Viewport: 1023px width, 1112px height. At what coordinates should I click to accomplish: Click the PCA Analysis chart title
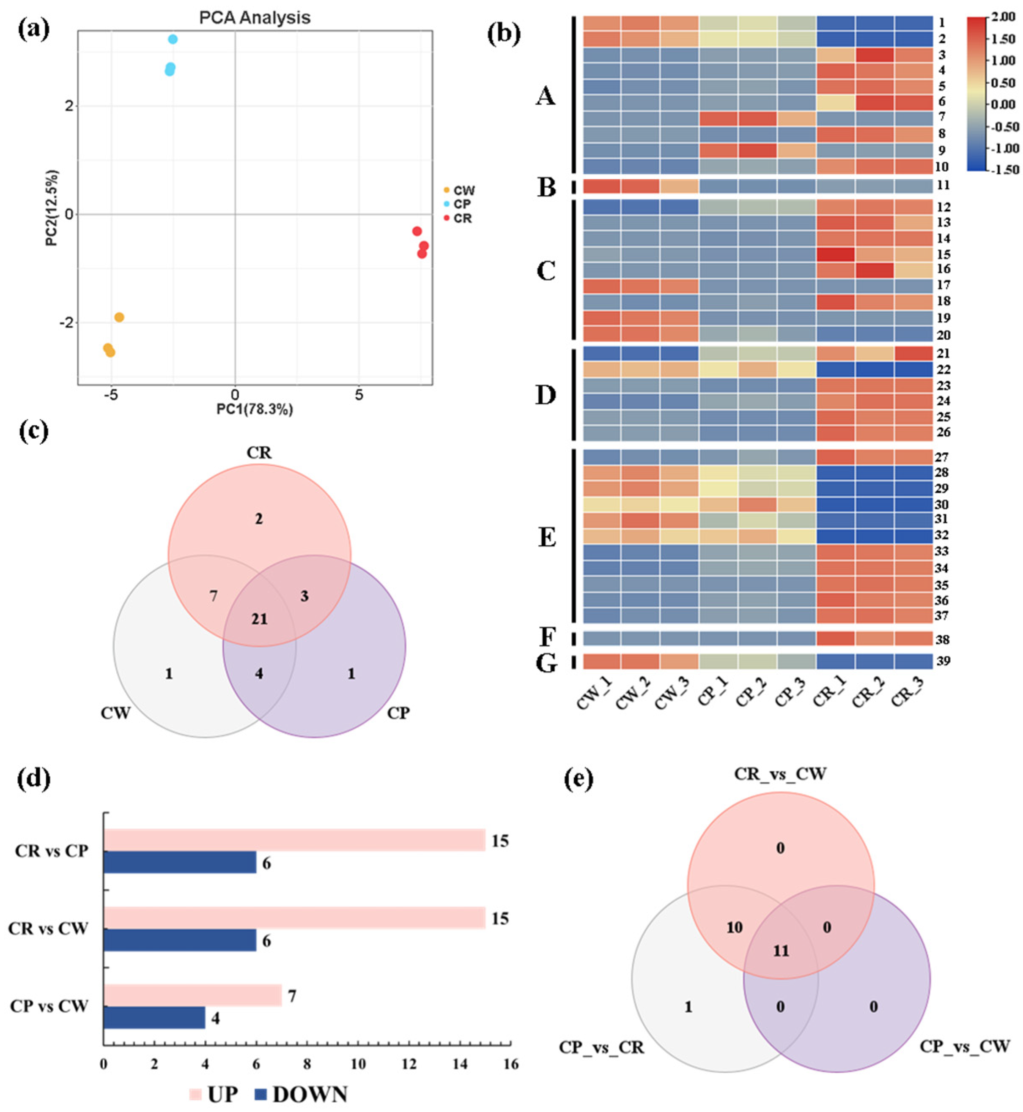[x=255, y=18]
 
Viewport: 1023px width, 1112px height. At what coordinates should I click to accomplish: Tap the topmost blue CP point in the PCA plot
[x=173, y=39]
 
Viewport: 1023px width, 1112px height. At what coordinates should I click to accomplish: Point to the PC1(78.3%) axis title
[x=255, y=410]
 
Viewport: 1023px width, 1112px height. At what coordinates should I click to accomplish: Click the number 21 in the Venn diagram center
[x=259, y=618]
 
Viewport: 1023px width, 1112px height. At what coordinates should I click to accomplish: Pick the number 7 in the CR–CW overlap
[x=214, y=596]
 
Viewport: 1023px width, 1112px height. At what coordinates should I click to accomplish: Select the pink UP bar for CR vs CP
[x=294, y=840]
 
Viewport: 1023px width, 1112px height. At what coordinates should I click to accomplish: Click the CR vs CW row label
[x=48, y=928]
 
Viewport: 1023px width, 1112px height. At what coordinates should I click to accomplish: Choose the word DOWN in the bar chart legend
[x=310, y=1094]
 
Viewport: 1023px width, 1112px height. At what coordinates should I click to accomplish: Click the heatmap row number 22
[x=943, y=369]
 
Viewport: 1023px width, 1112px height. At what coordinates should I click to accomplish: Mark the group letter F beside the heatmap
[x=547, y=637]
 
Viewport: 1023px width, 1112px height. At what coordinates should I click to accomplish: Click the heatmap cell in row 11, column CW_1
[x=602, y=186]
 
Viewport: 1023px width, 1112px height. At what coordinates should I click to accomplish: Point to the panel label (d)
[x=33, y=779]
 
